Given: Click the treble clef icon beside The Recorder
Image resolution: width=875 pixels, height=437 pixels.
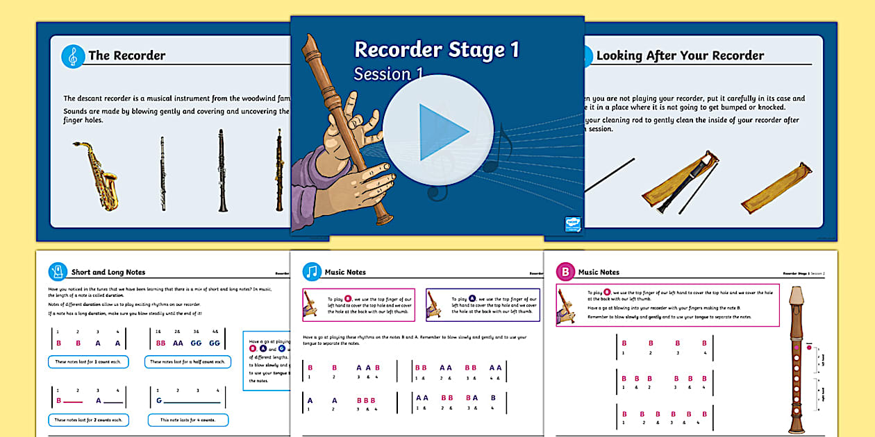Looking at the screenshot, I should pos(72,56).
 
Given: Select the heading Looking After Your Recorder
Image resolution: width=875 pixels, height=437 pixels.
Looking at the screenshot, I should pos(680,55).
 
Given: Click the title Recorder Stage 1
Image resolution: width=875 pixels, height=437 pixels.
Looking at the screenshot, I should pos(436,49).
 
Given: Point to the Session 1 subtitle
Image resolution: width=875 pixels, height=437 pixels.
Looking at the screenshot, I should pos(389,74).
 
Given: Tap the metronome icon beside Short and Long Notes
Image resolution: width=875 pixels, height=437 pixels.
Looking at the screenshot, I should pos(58,272).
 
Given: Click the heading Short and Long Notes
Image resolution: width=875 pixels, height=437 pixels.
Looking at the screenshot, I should pos(108,273).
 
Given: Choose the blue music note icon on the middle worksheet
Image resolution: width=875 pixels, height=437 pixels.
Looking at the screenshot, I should pos(312,272).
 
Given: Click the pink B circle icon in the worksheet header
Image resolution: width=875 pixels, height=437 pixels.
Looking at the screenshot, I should pos(566,272).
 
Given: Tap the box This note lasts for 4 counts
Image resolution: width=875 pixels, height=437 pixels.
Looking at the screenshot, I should pos(187,420).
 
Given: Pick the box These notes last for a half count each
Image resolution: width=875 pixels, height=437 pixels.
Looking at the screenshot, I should pos(188,361).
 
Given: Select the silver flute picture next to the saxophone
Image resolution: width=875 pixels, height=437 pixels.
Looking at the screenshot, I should pos(162,173).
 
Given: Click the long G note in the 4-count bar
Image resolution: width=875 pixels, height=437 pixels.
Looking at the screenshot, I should pos(160,400).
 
